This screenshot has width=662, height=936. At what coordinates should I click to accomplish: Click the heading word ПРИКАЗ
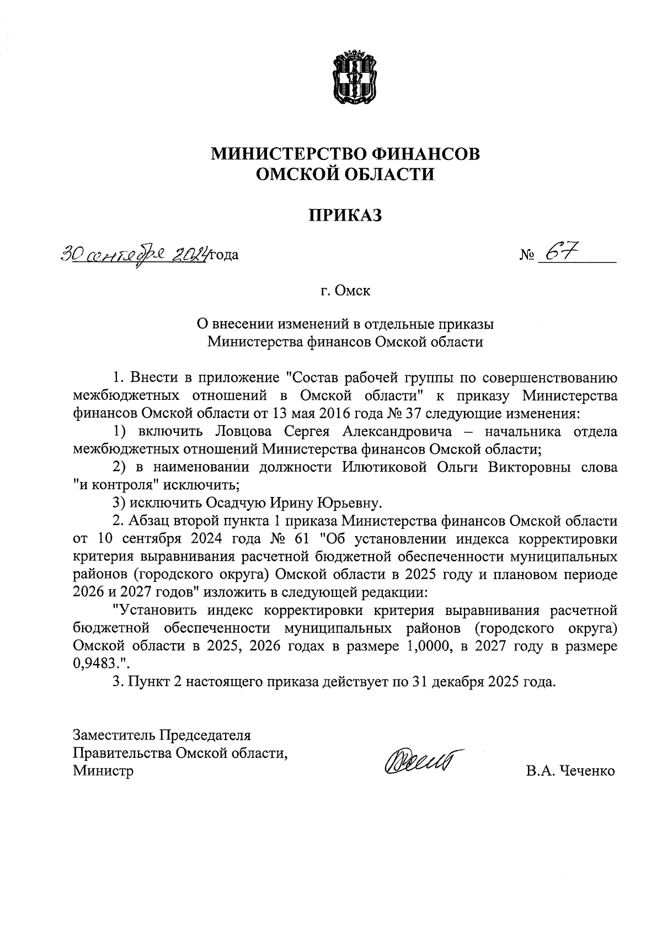pos(345,215)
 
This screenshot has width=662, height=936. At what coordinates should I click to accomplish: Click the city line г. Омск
pos(345,290)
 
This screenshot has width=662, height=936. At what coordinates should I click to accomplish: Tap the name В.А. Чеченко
pos(570,771)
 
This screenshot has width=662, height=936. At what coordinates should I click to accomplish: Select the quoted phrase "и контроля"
pos(117,485)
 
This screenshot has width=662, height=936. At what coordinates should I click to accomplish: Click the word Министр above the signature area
pos(103,771)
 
